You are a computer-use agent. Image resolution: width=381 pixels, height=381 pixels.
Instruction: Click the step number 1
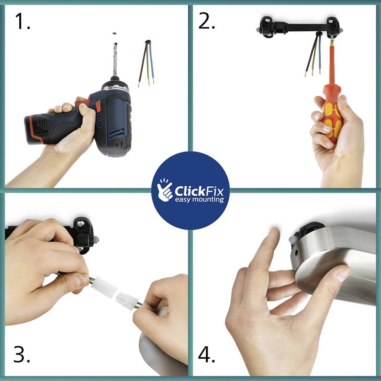(x=22, y=21)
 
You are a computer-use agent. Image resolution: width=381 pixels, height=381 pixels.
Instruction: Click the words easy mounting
(x=199, y=200)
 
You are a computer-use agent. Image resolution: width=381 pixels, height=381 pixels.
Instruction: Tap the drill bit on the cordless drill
(x=115, y=59)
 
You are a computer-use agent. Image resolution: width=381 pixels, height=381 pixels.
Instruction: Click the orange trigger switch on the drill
(x=98, y=107)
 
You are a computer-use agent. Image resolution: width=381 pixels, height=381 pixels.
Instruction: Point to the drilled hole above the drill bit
(x=115, y=33)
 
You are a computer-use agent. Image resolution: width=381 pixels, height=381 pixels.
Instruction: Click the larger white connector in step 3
(x=104, y=287)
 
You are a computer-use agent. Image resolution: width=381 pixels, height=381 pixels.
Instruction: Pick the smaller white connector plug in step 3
(x=127, y=301)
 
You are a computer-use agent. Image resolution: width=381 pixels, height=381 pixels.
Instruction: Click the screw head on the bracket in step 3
(x=80, y=224)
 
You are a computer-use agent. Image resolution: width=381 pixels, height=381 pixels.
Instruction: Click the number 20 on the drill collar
(x=110, y=88)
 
